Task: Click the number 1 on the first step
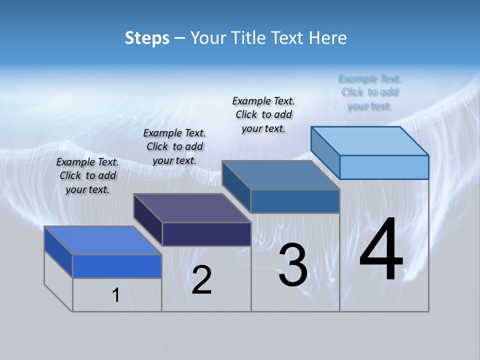point(116,295)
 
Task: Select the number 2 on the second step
point(201,280)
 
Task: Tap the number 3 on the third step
point(293,265)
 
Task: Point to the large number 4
point(381,250)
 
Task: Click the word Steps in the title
point(147,38)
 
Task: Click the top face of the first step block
point(103,240)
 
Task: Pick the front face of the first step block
point(117,266)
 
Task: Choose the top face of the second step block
point(192,208)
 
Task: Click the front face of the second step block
point(206,234)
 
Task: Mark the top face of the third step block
point(281,175)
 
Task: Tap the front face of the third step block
point(295,201)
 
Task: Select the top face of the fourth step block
point(370,141)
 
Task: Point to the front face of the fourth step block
point(384,167)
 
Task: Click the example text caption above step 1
point(87,175)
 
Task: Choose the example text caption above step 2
point(174,146)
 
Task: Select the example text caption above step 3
point(263,114)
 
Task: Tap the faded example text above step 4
point(369,92)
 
